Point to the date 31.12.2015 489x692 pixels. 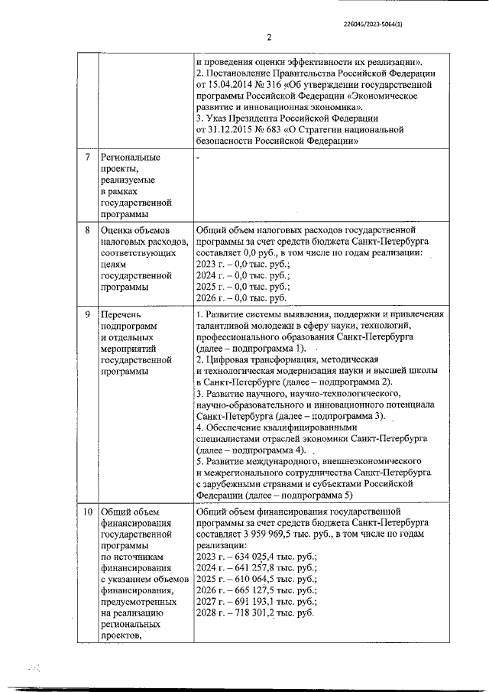pyautogui.click(x=230, y=129)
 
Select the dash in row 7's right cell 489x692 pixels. pyautogui.click(x=198, y=158)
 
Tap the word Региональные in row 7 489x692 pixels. pyautogui.click(x=131, y=158)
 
